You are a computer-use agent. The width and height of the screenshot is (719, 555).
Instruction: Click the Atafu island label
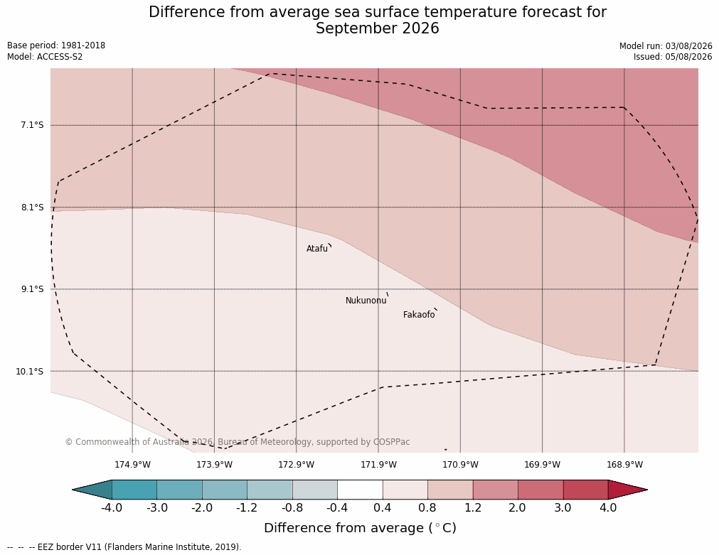click(x=317, y=249)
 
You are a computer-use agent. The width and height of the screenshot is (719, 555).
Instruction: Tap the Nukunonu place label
click(x=366, y=301)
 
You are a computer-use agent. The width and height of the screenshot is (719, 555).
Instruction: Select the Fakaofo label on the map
click(x=419, y=315)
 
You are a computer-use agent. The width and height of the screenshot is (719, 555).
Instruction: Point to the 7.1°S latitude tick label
click(x=32, y=125)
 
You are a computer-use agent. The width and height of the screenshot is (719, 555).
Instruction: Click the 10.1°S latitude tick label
click(x=30, y=371)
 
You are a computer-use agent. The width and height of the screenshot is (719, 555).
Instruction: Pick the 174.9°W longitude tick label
click(x=132, y=465)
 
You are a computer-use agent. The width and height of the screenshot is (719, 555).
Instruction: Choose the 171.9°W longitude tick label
click(x=378, y=465)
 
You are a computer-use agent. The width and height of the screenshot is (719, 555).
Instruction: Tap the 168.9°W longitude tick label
click(x=624, y=465)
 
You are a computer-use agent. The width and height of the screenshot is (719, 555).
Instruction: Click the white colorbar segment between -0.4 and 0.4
click(x=360, y=490)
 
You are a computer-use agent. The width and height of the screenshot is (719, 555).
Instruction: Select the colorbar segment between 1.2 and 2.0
click(x=495, y=490)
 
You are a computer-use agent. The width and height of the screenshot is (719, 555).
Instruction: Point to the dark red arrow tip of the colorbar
click(x=647, y=490)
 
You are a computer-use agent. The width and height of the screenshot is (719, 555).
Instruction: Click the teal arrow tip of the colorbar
click(x=73, y=490)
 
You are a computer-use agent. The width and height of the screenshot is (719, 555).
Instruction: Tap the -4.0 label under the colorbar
click(x=112, y=508)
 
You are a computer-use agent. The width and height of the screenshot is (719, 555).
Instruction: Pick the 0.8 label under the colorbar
click(x=427, y=508)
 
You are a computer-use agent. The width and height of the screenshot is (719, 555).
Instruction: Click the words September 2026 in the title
click(x=378, y=28)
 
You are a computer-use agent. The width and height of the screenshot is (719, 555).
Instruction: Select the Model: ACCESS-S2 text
click(x=45, y=57)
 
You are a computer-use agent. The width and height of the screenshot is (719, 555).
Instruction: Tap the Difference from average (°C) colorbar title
click(x=360, y=528)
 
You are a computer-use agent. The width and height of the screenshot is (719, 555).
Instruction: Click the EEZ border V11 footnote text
click(x=139, y=547)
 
